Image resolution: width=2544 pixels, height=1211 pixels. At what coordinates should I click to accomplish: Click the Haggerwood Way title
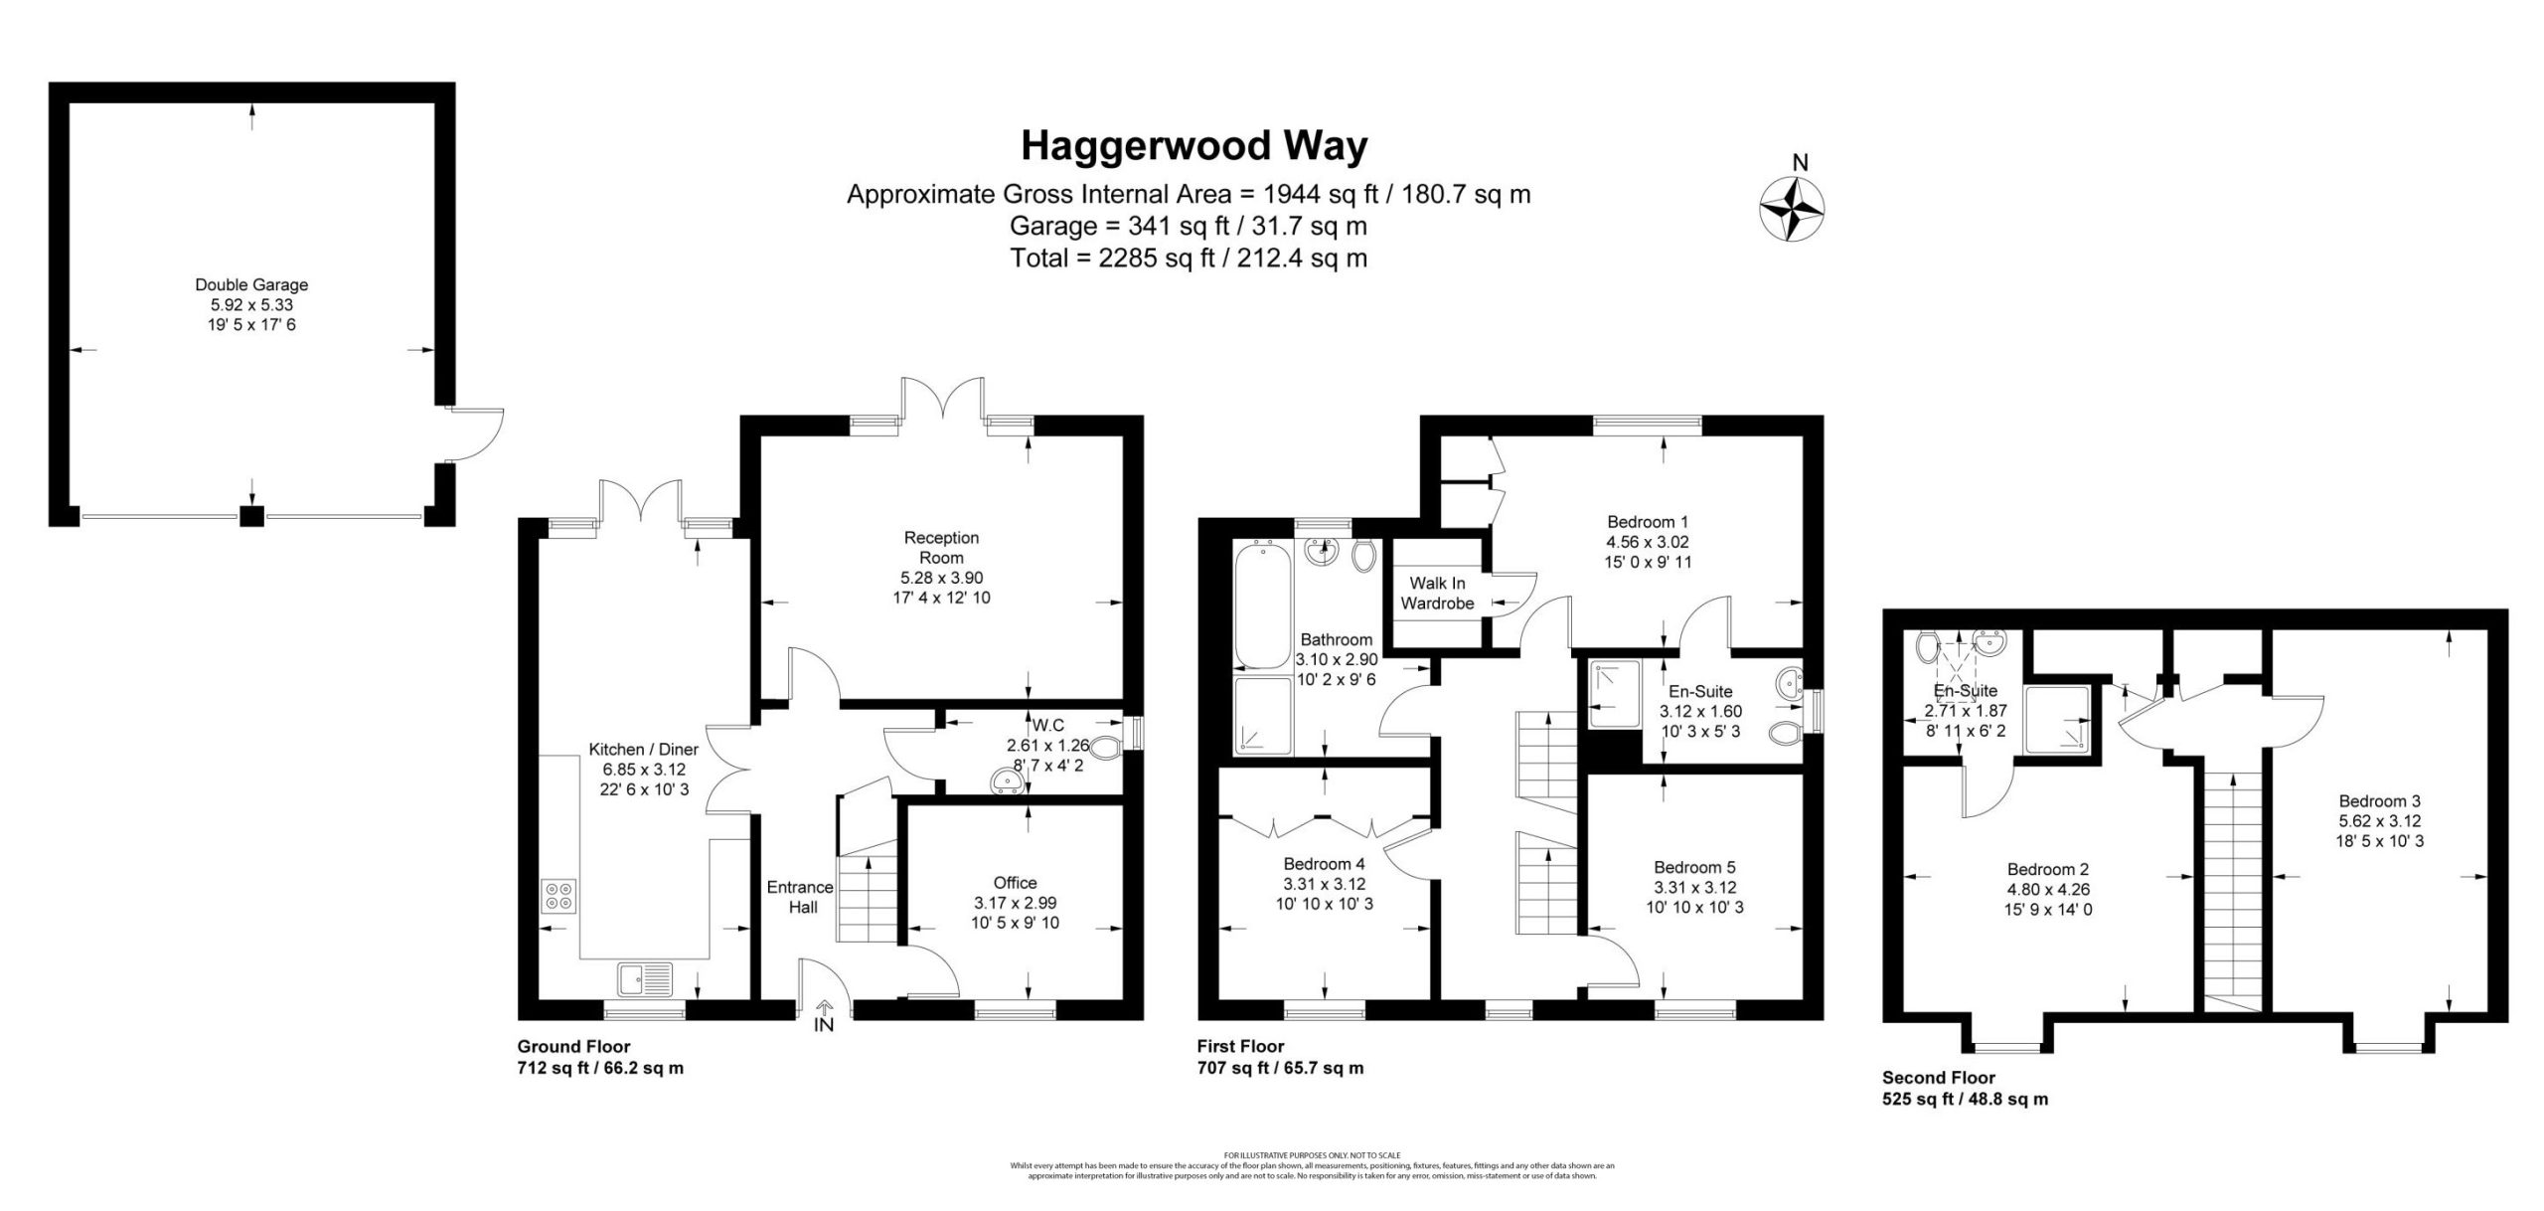tap(1193, 146)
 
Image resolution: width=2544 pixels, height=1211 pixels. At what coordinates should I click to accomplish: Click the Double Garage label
tap(251, 285)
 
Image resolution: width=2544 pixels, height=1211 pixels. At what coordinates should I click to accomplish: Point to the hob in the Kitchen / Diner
tap(557, 896)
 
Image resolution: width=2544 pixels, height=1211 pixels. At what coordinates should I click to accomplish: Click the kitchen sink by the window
tap(645, 979)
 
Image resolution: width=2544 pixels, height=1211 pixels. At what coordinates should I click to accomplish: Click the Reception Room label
tap(941, 548)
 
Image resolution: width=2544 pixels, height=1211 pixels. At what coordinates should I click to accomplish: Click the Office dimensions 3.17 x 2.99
tap(1015, 903)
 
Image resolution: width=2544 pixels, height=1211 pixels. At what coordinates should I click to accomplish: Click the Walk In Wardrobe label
tap(1437, 594)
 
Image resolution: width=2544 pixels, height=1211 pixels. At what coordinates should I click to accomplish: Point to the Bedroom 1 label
tap(1647, 522)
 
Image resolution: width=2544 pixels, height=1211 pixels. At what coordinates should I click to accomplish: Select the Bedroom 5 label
tap(1694, 868)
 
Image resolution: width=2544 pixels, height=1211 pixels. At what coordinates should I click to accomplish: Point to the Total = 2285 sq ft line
tap(1188, 259)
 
